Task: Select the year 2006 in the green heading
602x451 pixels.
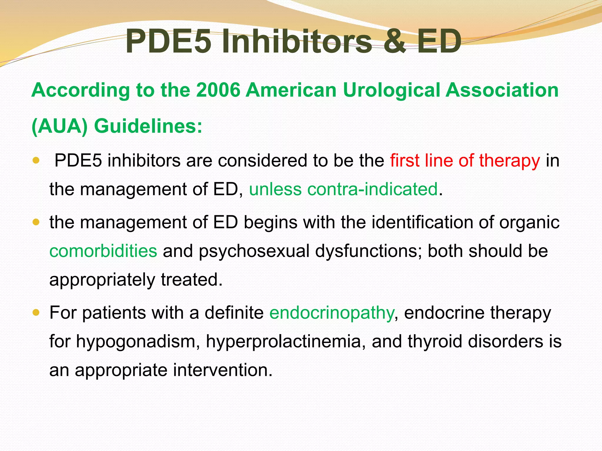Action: pos(218,90)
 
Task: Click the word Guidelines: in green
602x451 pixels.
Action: pos(148,127)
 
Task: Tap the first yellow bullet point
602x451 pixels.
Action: pos(36,161)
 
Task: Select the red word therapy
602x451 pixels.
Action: pos(509,161)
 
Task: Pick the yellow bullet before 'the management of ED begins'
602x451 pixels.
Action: pos(36,222)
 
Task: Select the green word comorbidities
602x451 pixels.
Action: pos(103,251)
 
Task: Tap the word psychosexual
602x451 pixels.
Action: pos(254,252)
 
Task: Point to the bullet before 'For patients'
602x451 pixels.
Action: pos(36,313)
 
